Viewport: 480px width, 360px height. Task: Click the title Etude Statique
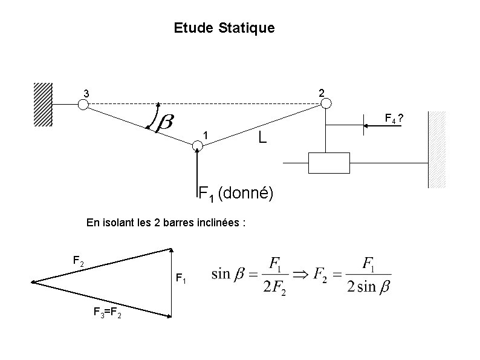(x=224, y=28)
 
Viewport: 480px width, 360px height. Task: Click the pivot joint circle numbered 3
(x=83, y=104)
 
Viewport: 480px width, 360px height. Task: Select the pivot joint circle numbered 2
(x=326, y=104)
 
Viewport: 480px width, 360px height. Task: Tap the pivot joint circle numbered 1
(x=197, y=145)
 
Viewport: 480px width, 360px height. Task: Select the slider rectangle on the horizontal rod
(x=329, y=163)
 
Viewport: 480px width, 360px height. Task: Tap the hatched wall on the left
(x=43, y=104)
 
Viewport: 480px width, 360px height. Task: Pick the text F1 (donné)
(x=236, y=194)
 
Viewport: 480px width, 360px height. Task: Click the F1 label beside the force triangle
(x=181, y=278)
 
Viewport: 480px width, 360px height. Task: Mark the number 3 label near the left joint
(x=86, y=94)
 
